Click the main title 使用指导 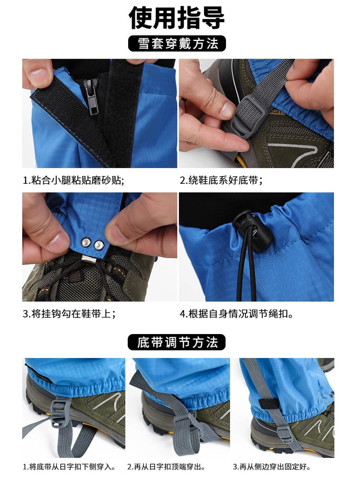[x=177, y=18]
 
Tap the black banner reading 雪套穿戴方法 [x=177, y=44]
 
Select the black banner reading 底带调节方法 [x=177, y=342]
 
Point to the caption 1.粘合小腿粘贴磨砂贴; [x=74, y=180]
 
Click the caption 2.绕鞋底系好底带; [x=221, y=180]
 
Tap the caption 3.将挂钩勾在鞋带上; [x=69, y=314]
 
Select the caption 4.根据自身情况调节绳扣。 [x=236, y=314]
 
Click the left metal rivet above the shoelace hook [x=86, y=243]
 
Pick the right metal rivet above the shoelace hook [x=99, y=245]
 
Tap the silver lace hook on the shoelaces [x=89, y=259]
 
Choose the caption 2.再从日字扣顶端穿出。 [x=167, y=467]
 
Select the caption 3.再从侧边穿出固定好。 [x=272, y=467]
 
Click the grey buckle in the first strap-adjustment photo [x=60, y=411]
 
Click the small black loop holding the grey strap [x=269, y=404]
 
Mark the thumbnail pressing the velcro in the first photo [x=38, y=76]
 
